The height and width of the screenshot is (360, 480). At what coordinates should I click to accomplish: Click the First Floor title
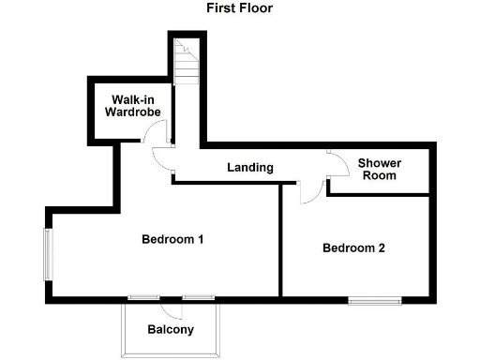[x=240, y=7]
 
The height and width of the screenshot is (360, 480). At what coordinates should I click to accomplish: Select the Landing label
[x=250, y=168]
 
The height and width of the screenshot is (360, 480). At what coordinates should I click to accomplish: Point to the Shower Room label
[x=379, y=170]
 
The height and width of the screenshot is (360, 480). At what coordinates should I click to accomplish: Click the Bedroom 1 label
[x=172, y=239]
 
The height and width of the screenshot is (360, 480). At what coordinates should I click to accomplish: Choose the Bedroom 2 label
[x=353, y=248]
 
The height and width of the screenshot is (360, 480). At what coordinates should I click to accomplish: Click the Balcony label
[x=171, y=329]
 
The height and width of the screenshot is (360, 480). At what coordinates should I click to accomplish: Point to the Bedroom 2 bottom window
[x=375, y=300]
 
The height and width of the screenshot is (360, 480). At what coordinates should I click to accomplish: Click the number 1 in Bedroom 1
[x=201, y=239]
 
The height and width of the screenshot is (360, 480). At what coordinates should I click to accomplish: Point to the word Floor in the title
[x=256, y=7]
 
